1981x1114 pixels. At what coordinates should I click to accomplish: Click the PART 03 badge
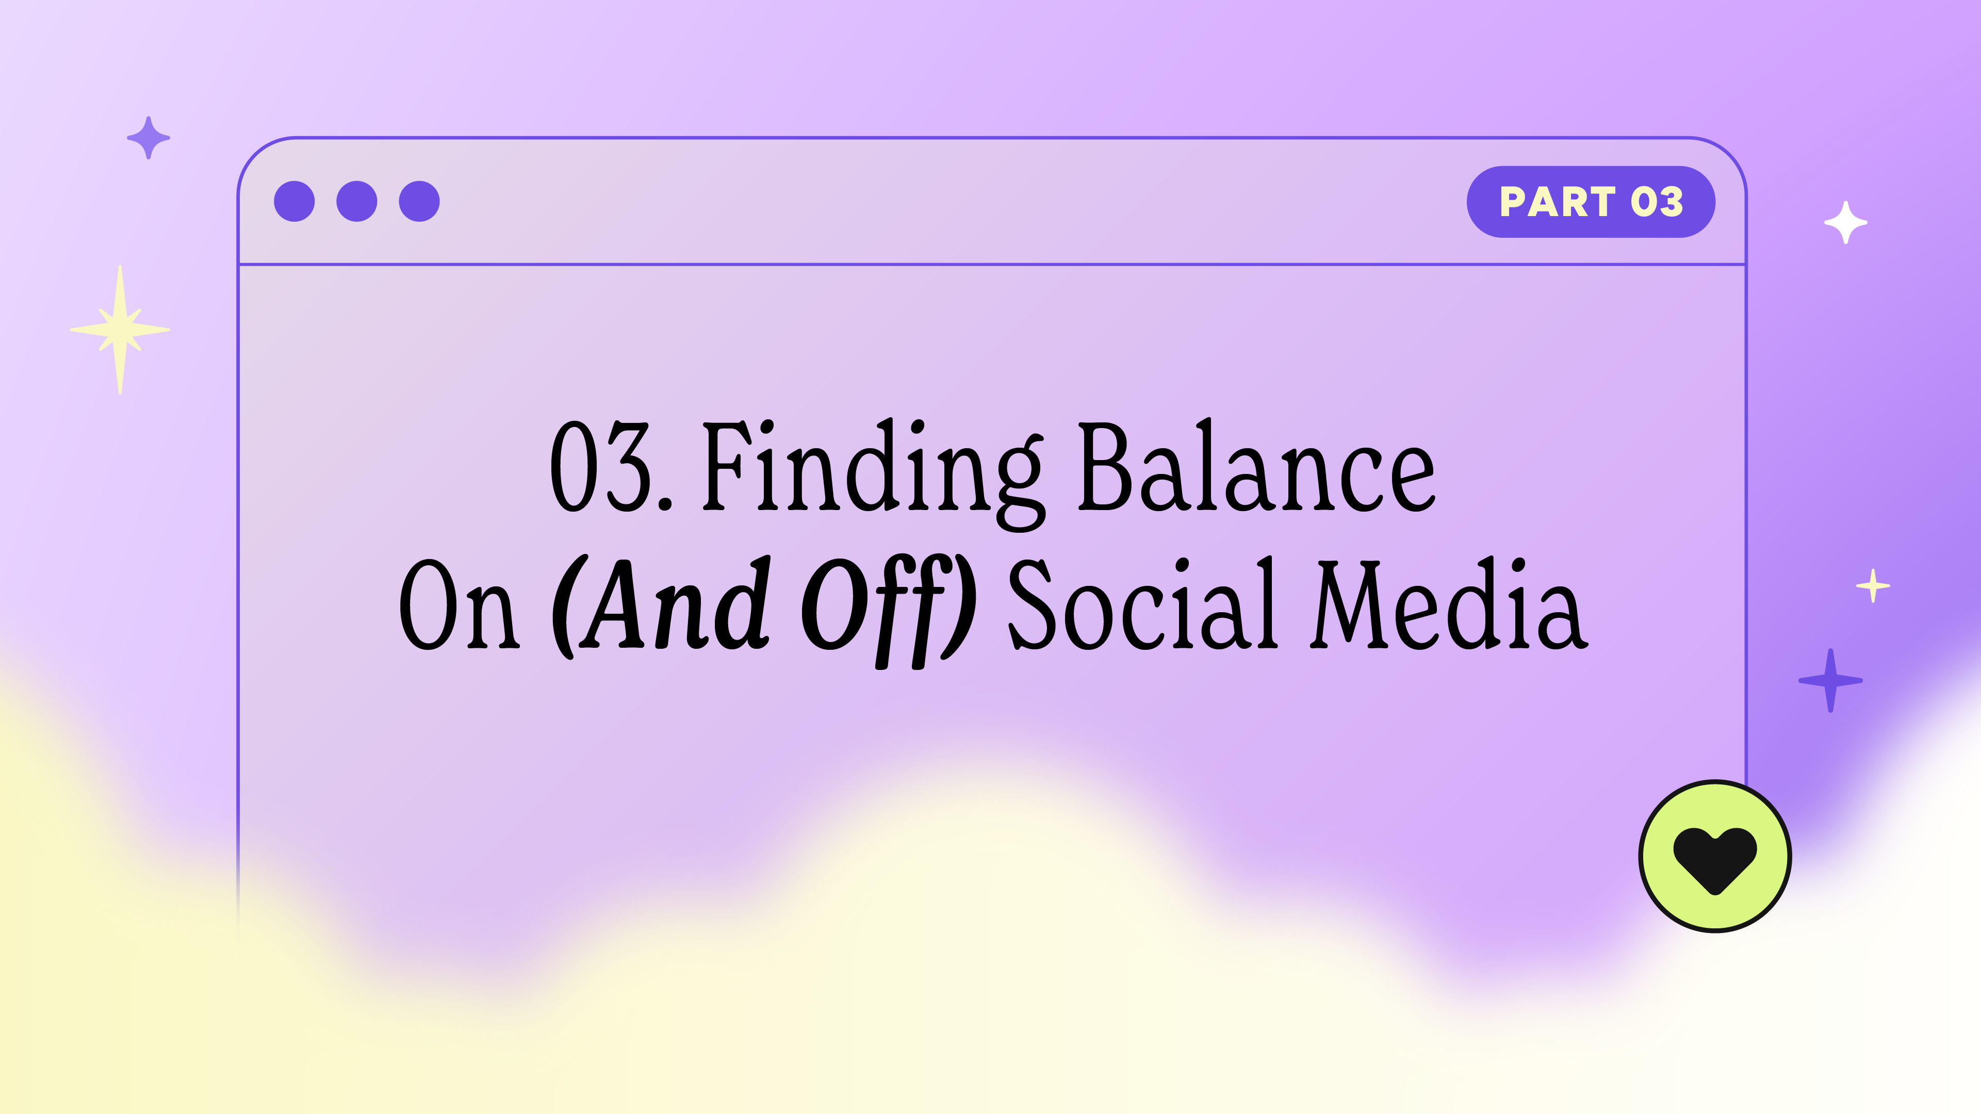click(x=1591, y=202)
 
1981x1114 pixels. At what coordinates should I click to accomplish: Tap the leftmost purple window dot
click(x=294, y=202)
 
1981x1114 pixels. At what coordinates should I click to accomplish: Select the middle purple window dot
click(x=357, y=202)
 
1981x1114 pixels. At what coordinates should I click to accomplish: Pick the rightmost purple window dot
click(x=419, y=202)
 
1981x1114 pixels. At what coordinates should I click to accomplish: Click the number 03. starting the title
click(x=611, y=467)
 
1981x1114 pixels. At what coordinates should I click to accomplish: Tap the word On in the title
click(x=459, y=604)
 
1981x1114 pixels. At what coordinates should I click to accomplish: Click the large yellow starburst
click(x=120, y=330)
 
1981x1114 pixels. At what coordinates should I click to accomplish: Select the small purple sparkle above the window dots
click(x=149, y=138)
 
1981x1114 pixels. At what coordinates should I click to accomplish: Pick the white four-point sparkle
click(x=1846, y=222)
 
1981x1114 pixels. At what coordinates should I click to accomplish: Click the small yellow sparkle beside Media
click(x=1873, y=586)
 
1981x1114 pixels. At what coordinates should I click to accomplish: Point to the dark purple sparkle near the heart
click(x=1830, y=680)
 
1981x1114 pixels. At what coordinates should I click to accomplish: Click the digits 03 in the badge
click(x=1657, y=202)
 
